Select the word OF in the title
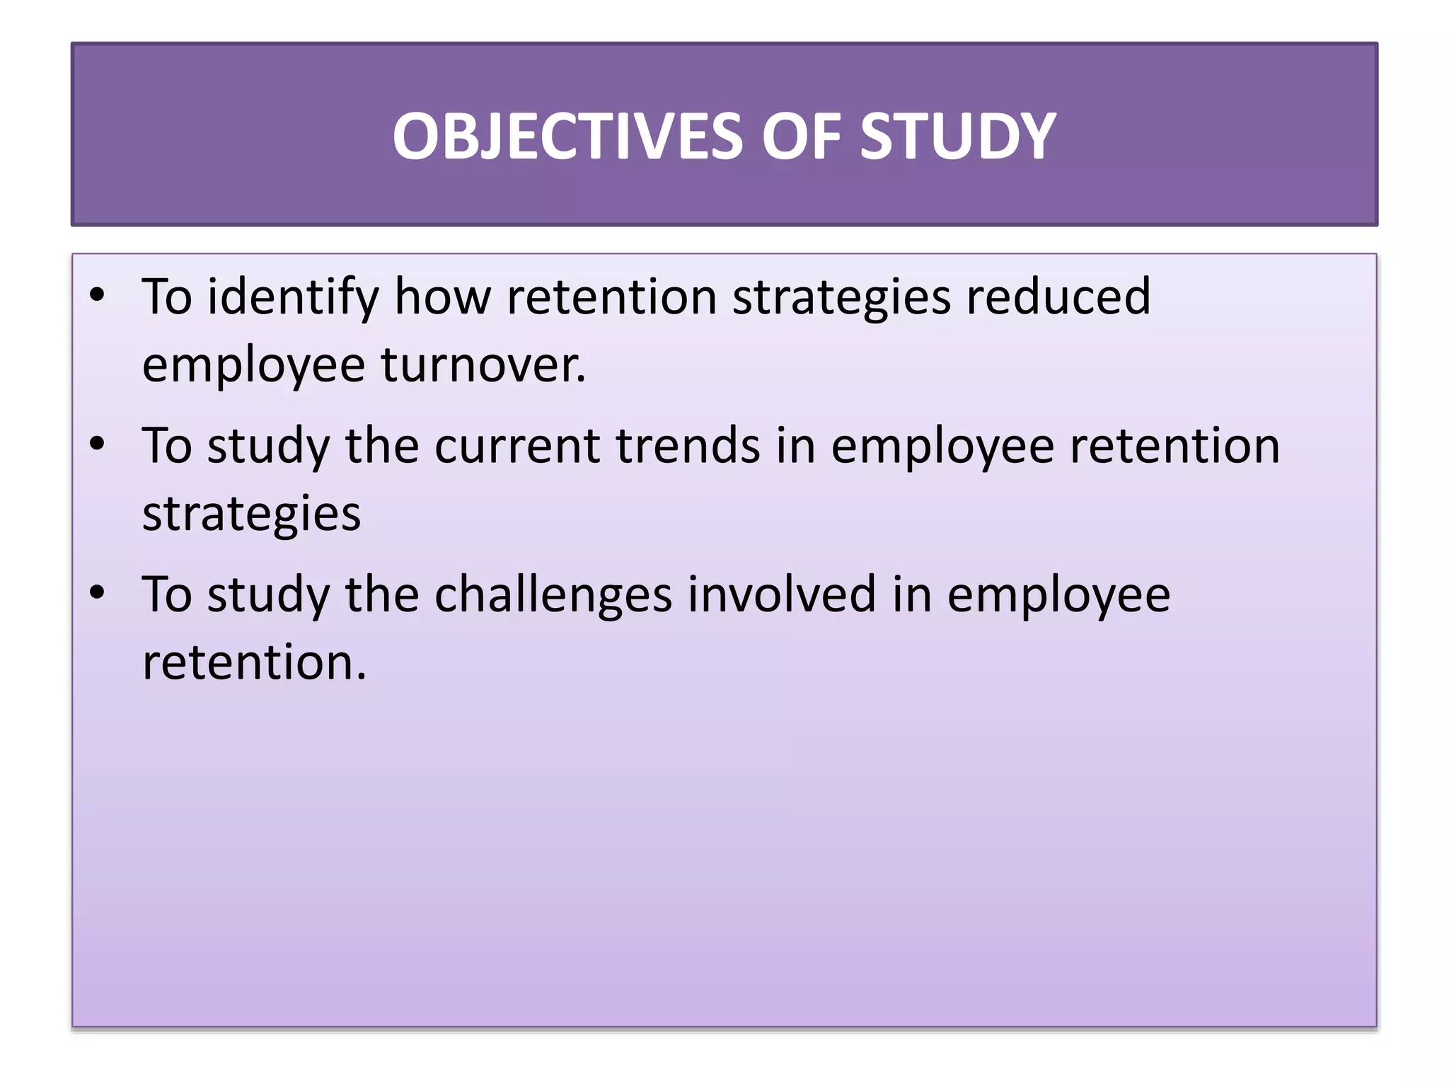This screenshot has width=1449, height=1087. (801, 137)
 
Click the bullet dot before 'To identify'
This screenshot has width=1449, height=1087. (98, 294)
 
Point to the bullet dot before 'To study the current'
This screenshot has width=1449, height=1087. (98, 444)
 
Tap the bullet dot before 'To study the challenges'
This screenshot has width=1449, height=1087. (98, 592)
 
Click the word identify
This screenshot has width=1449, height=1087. (293, 297)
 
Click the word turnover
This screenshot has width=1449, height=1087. (483, 366)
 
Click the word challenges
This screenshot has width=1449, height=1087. (553, 596)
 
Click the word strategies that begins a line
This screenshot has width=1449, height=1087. (251, 515)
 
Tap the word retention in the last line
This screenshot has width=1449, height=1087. (254, 663)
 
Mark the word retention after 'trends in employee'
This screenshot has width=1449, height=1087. (1174, 446)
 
